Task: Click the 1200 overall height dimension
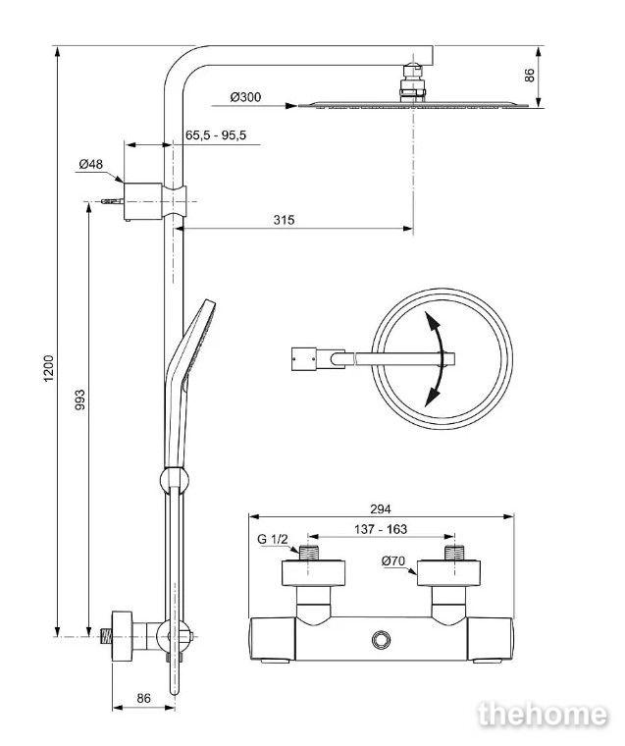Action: (x=49, y=368)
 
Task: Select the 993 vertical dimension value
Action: (x=79, y=400)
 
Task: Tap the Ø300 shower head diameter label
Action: (x=245, y=97)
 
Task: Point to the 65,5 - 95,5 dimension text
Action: (x=216, y=135)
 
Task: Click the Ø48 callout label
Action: (x=91, y=164)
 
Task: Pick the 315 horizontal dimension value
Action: (x=284, y=220)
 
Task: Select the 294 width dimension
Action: (x=381, y=509)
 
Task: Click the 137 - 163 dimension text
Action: (x=381, y=529)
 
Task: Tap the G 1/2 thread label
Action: (x=273, y=539)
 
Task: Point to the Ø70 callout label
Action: (x=393, y=560)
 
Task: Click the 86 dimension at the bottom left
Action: (x=143, y=698)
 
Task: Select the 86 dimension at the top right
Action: (x=530, y=76)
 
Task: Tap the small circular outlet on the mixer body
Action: (x=381, y=639)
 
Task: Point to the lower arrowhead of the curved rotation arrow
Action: (x=432, y=396)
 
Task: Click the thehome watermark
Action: (x=543, y=715)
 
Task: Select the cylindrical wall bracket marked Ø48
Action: (x=142, y=201)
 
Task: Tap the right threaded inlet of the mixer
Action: (x=455, y=552)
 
